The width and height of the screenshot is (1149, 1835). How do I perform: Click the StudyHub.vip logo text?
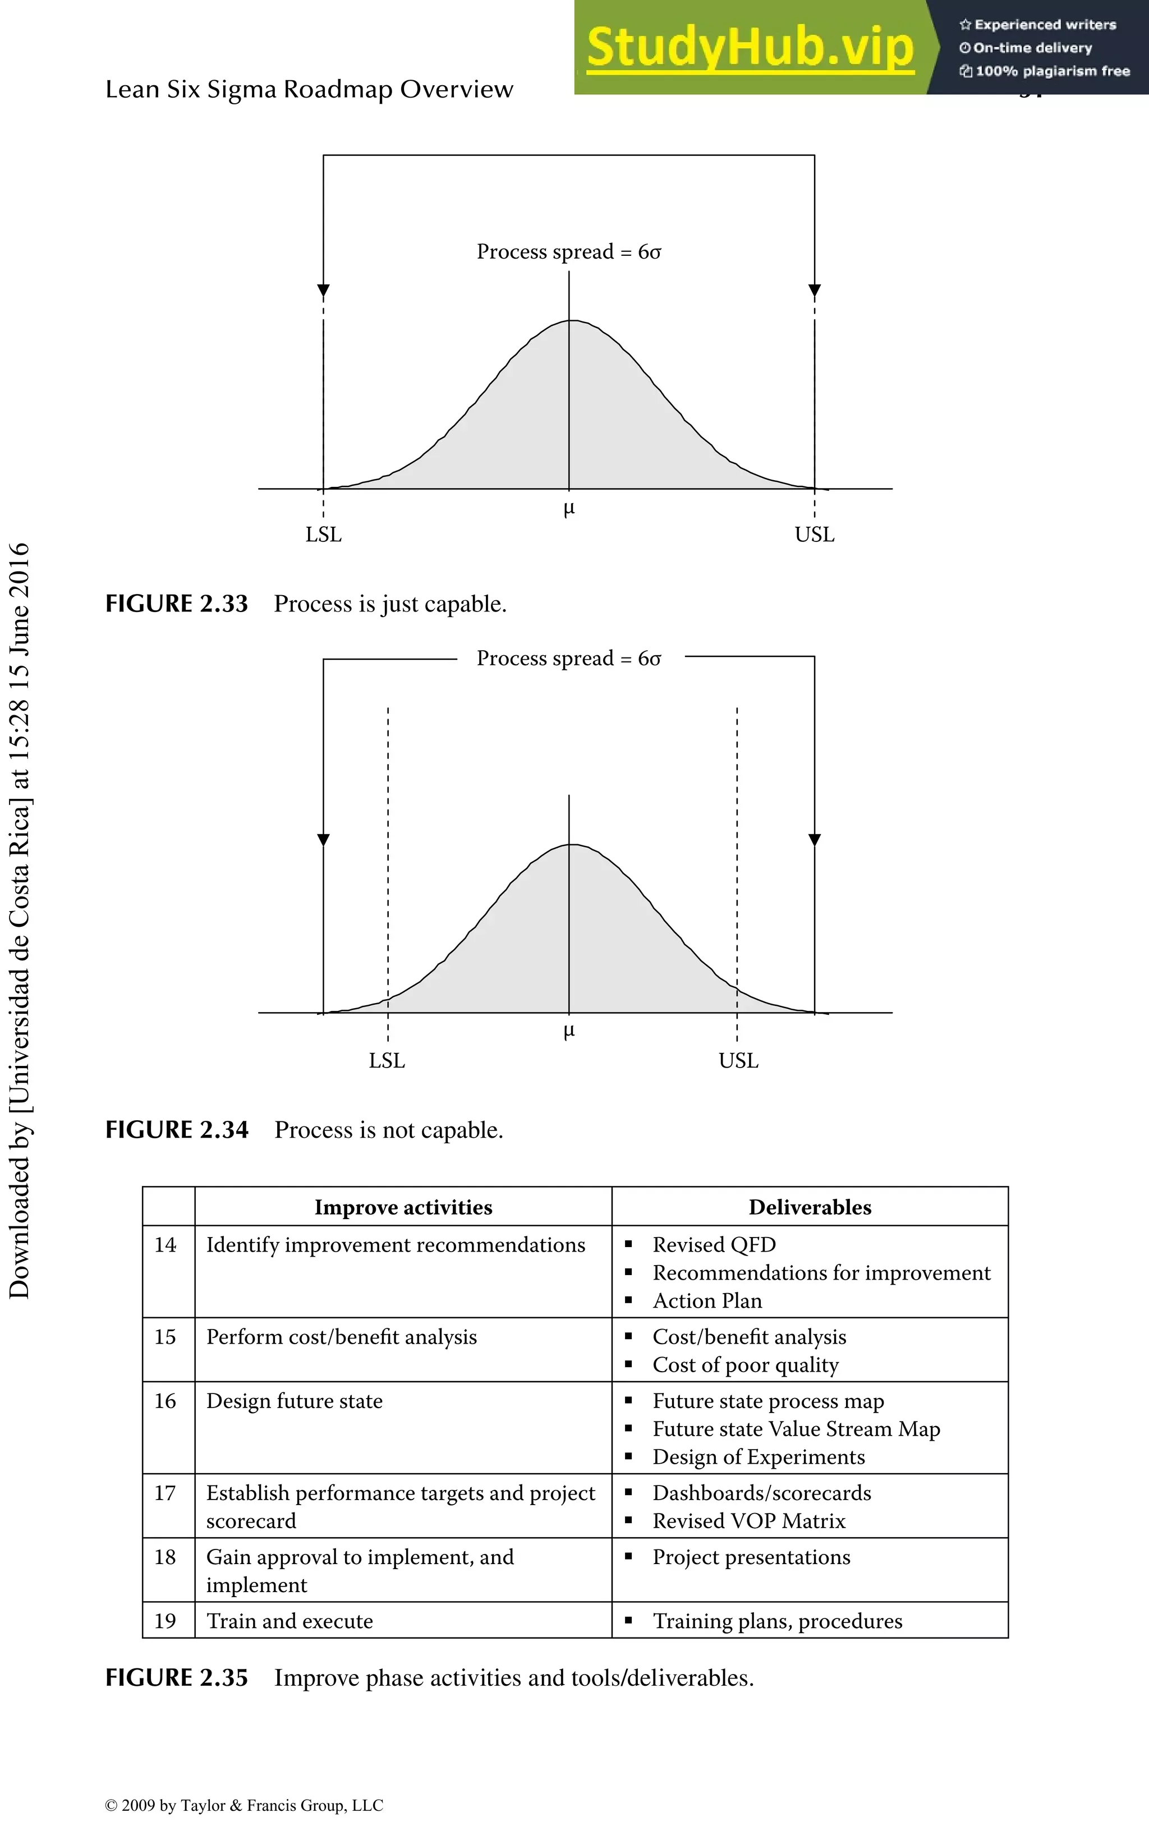click(x=750, y=47)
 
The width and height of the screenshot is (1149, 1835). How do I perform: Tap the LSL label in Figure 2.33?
click(x=324, y=535)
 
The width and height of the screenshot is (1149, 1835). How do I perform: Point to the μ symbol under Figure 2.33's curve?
click(x=569, y=509)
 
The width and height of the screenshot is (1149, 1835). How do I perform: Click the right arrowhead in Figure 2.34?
click(x=815, y=840)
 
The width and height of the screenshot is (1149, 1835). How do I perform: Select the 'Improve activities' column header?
click(x=403, y=1207)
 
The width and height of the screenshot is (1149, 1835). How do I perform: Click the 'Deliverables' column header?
click(x=810, y=1207)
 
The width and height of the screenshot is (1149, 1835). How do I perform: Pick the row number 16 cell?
click(x=166, y=1401)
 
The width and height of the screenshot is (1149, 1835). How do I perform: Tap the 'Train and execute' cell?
click(x=289, y=1621)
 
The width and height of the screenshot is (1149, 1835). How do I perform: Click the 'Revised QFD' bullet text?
click(x=714, y=1245)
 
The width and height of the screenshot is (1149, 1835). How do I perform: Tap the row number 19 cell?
click(x=166, y=1621)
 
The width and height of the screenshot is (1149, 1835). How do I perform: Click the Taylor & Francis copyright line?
click(x=244, y=1805)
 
